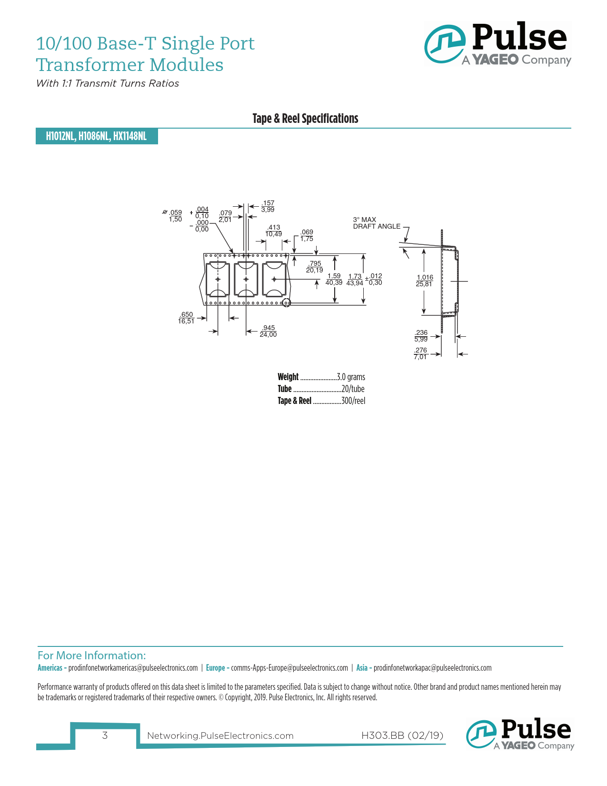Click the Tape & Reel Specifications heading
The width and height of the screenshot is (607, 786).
pyautogui.click(x=305, y=118)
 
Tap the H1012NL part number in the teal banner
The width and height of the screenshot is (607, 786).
pyautogui.click(x=60, y=136)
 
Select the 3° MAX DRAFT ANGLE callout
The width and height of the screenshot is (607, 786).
pyautogui.click(x=377, y=223)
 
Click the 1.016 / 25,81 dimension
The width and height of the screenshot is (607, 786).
pyautogui.click(x=425, y=281)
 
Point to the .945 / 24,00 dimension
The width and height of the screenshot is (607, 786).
pyautogui.click(x=268, y=331)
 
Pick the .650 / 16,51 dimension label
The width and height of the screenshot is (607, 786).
pyautogui.click(x=186, y=318)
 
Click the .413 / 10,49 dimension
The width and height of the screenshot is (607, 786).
pyautogui.click(x=274, y=231)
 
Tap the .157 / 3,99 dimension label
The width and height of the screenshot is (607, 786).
pyautogui.click(x=268, y=206)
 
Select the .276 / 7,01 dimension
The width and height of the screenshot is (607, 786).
pyautogui.click(x=420, y=353)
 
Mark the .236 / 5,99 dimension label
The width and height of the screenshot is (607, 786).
pyautogui.click(x=421, y=336)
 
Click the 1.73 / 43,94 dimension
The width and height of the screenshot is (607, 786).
pyautogui.click(x=355, y=280)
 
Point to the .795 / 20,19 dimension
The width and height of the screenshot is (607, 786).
pyautogui.click(x=315, y=267)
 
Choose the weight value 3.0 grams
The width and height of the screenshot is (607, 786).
pyautogui.click(x=351, y=377)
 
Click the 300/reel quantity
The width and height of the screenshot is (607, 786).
pyautogui.click(x=353, y=401)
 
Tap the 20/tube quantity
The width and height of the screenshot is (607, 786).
pyautogui.click(x=353, y=389)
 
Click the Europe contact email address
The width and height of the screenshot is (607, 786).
pyautogui.click(x=289, y=668)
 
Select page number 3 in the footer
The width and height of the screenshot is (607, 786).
pyautogui.click(x=105, y=736)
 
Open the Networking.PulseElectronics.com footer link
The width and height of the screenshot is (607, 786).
pyautogui.click(x=220, y=736)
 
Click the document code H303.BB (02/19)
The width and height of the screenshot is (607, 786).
pyautogui.click(x=402, y=736)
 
